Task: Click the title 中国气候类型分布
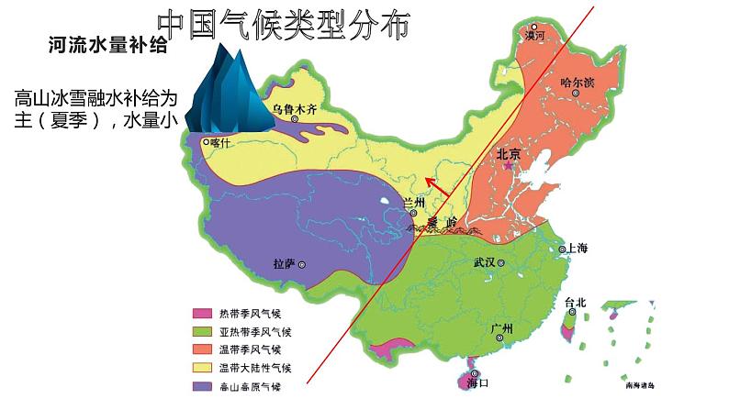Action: tap(282, 27)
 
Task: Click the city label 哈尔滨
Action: tap(577, 82)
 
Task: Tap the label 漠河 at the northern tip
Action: tap(534, 36)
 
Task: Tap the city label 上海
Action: tap(578, 249)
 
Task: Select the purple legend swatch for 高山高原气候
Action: tap(201, 386)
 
